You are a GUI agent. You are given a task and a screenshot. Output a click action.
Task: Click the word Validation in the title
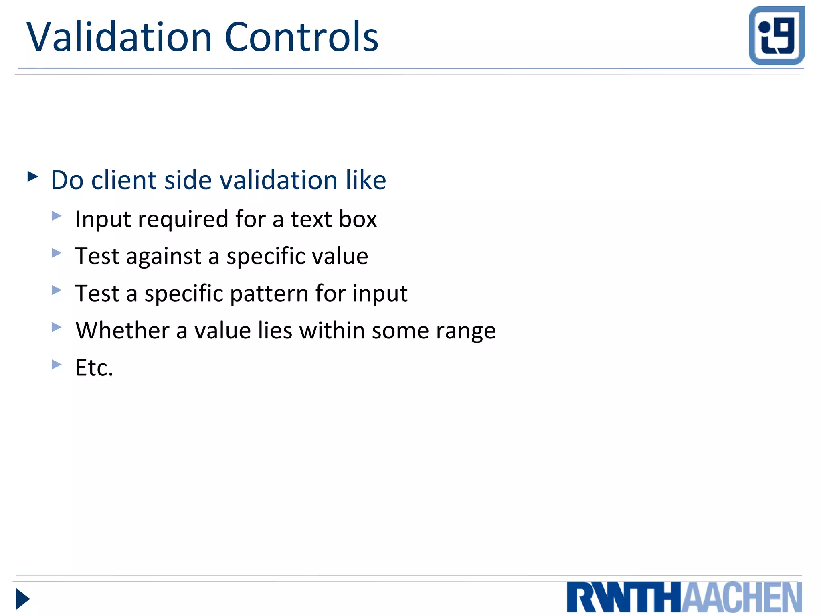[x=119, y=37]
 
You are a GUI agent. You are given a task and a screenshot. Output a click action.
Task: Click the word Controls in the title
[x=301, y=37]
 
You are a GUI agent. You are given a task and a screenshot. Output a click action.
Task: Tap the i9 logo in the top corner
[x=777, y=35]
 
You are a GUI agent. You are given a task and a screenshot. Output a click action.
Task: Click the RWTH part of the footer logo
[x=624, y=598]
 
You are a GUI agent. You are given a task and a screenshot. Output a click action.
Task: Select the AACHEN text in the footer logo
[x=742, y=598]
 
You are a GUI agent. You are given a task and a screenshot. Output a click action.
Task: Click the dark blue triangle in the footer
[x=22, y=599]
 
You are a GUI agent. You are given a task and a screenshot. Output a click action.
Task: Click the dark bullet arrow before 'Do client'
[x=33, y=176]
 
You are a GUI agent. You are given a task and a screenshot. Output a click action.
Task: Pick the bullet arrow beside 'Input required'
[x=57, y=216]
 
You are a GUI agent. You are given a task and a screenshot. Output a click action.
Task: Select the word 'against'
[x=164, y=257]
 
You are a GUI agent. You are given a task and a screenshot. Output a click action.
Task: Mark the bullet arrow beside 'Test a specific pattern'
[x=57, y=290]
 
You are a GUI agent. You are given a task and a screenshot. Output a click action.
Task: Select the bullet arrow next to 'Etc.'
[x=57, y=364]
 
